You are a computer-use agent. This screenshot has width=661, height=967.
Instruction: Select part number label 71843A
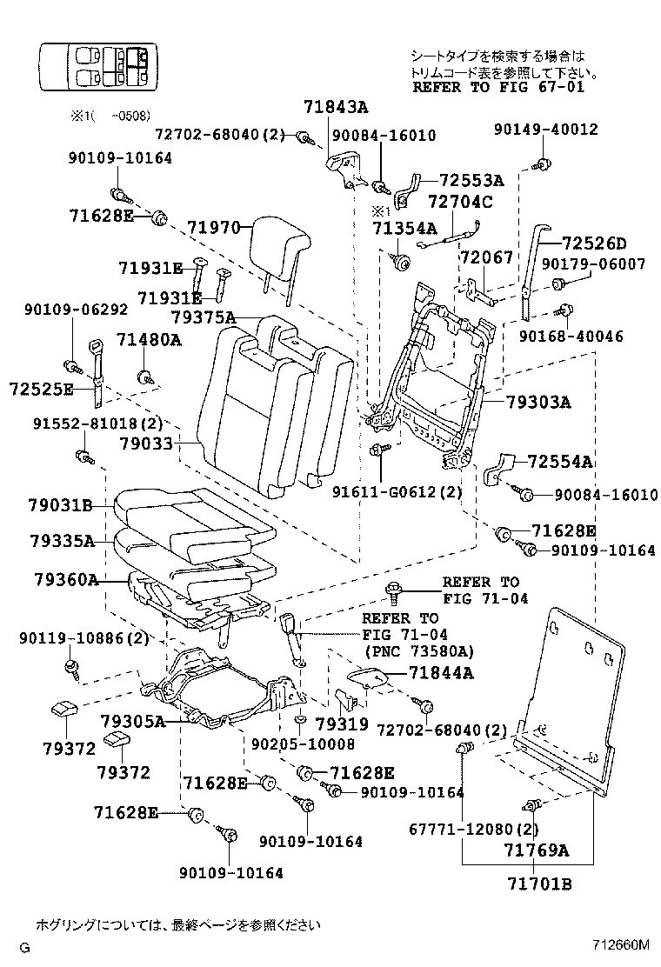point(336,108)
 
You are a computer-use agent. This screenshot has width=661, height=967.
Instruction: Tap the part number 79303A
point(539,402)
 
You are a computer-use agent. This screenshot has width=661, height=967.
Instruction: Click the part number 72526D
point(594,243)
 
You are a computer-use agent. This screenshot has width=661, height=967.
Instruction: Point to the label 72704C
point(461,203)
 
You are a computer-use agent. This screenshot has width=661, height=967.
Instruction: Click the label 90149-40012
point(545,130)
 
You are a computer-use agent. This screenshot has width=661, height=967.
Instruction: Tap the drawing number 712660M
point(621,944)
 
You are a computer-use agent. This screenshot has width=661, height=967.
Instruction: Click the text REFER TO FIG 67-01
point(498,87)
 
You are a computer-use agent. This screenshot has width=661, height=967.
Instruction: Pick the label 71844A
point(443,672)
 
